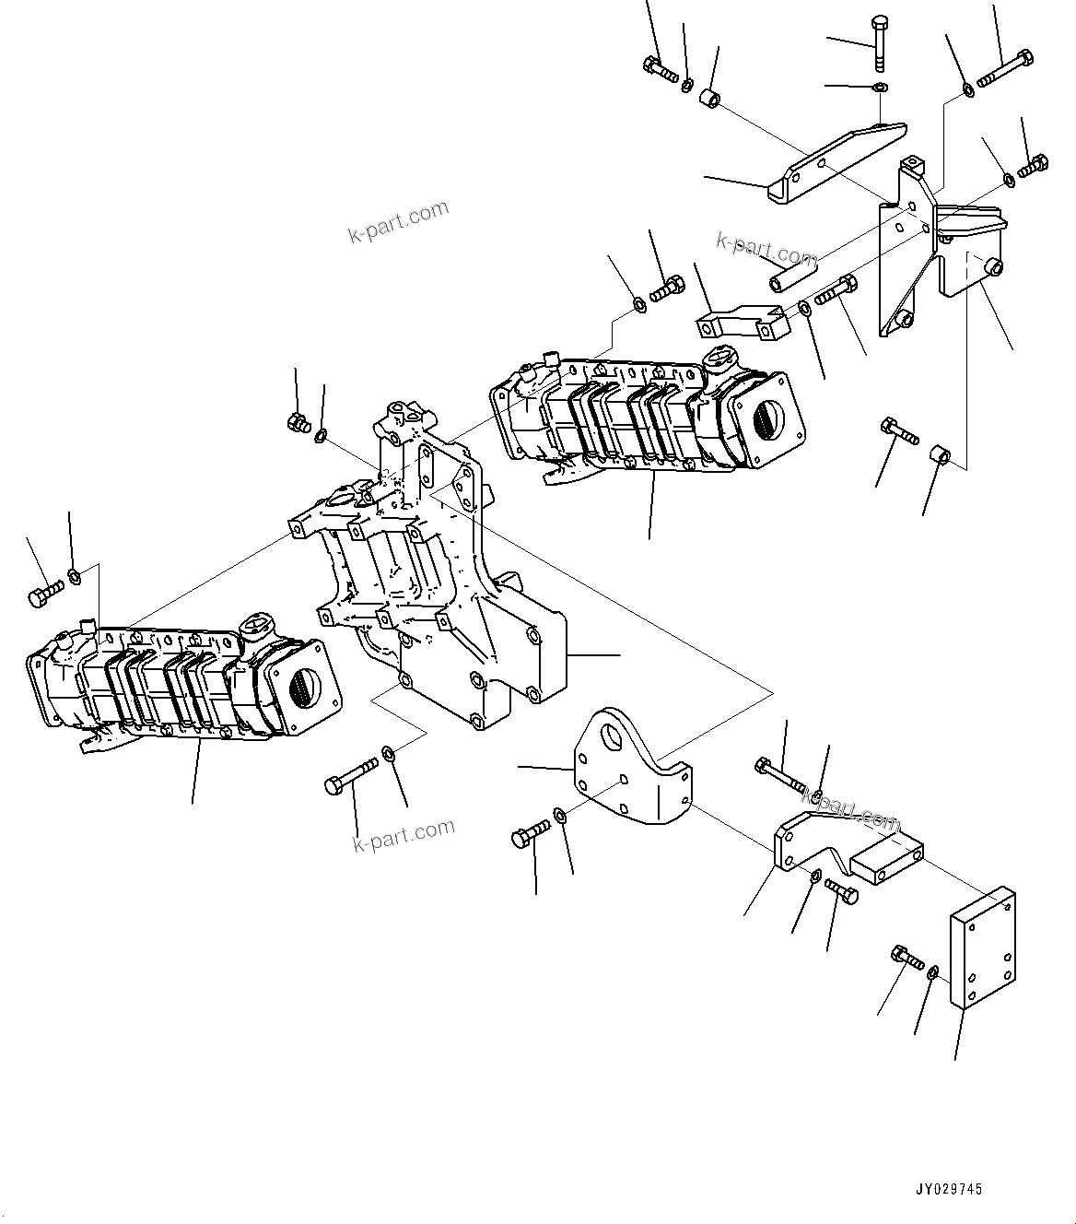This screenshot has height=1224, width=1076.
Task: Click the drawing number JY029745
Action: tap(948, 1190)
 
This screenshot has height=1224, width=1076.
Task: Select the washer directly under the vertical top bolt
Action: tap(880, 88)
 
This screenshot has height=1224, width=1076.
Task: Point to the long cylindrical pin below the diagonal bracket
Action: tap(793, 274)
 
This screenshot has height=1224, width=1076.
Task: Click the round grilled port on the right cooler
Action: tap(766, 422)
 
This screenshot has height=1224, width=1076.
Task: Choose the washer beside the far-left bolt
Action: tap(76, 577)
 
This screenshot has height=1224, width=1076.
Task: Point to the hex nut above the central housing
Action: tap(298, 423)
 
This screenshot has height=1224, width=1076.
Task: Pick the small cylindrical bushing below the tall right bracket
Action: tap(940, 455)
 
